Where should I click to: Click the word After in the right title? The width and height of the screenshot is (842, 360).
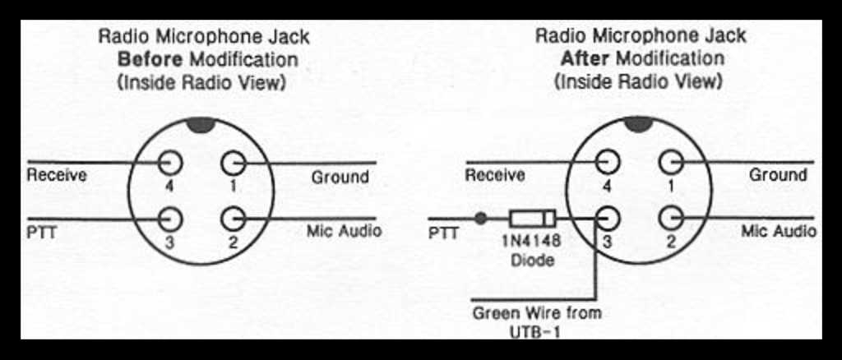(586, 59)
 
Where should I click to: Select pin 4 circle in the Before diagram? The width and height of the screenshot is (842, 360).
(171, 162)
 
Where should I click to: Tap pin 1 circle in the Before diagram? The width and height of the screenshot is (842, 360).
(233, 162)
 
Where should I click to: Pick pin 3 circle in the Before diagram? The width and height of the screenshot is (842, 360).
(171, 219)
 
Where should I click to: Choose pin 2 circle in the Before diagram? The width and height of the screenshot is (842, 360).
(233, 219)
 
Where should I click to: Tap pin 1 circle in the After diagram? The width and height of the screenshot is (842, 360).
(671, 161)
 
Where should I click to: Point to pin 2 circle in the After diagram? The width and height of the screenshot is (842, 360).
(671, 219)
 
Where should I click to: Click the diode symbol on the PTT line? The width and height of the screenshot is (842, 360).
(532, 219)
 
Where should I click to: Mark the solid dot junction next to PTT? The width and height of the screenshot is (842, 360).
(480, 219)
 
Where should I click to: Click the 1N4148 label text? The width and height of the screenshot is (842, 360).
(531, 244)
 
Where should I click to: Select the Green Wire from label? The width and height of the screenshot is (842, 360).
(537, 313)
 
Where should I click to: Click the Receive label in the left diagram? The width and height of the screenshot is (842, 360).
(57, 175)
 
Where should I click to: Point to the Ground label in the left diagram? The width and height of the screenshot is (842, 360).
(340, 178)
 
